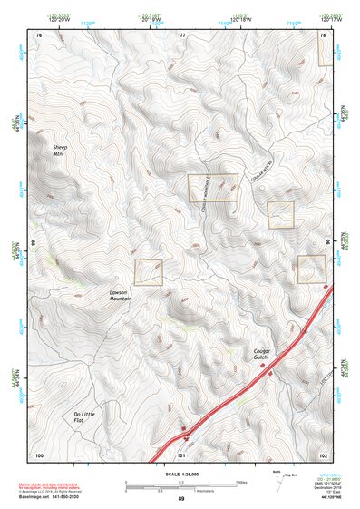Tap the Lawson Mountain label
coord(122,295)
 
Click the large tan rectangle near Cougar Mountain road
coord(212,188)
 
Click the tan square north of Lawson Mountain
coord(148,272)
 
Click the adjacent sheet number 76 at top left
coord(38,34)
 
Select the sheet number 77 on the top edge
coord(181,34)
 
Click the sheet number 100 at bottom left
coord(39,454)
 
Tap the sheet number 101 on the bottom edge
coord(181,454)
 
